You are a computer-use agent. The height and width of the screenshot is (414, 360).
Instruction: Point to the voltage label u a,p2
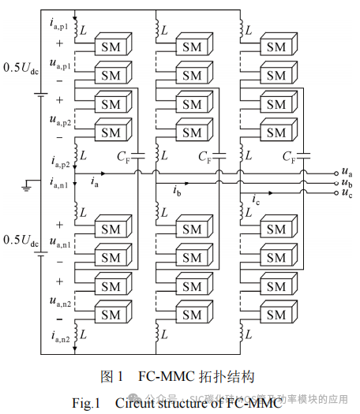(x=58, y=121)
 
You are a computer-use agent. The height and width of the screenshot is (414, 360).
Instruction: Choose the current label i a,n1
(x=58, y=184)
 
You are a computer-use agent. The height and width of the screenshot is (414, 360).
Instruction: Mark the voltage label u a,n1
(x=58, y=245)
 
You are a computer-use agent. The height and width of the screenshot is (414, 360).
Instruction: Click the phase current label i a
(x=95, y=183)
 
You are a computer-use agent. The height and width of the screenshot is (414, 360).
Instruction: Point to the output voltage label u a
(x=346, y=171)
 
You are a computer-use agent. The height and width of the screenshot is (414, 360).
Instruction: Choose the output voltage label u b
(x=346, y=182)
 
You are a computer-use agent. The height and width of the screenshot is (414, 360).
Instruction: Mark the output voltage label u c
(x=346, y=193)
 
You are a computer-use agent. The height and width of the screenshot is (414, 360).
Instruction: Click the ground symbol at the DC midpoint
(x=26, y=185)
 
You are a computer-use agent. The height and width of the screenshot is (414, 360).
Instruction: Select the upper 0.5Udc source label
(x=21, y=66)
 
